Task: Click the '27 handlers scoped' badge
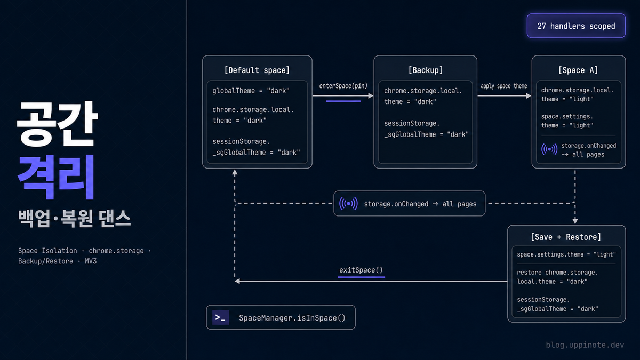click(x=576, y=26)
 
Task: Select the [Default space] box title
click(x=257, y=70)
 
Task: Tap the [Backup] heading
click(x=426, y=70)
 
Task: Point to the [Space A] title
click(x=578, y=70)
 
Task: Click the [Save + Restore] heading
click(x=566, y=237)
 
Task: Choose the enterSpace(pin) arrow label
click(x=343, y=86)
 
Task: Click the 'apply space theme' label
click(x=503, y=86)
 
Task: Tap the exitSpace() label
click(x=361, y=270)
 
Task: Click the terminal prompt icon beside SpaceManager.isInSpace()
click(x=220, y=317)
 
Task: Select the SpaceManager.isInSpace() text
click(x=292, y=318)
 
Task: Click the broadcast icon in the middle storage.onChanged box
click(x=348, y=204)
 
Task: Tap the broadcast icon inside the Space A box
click(x=549, y=149)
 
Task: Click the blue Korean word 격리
click(x=56, y=177)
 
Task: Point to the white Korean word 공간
click(x=57, y=123)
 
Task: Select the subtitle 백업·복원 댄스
click(x=75, y=219)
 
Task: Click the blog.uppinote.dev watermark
click(x=585, y=345)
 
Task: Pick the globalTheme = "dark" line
click(x=251, y=91)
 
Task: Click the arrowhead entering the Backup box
click(x=371, y=95)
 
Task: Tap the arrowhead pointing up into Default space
click(x=235, y=172)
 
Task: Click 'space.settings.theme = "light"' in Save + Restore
click(x=566, y=254)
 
